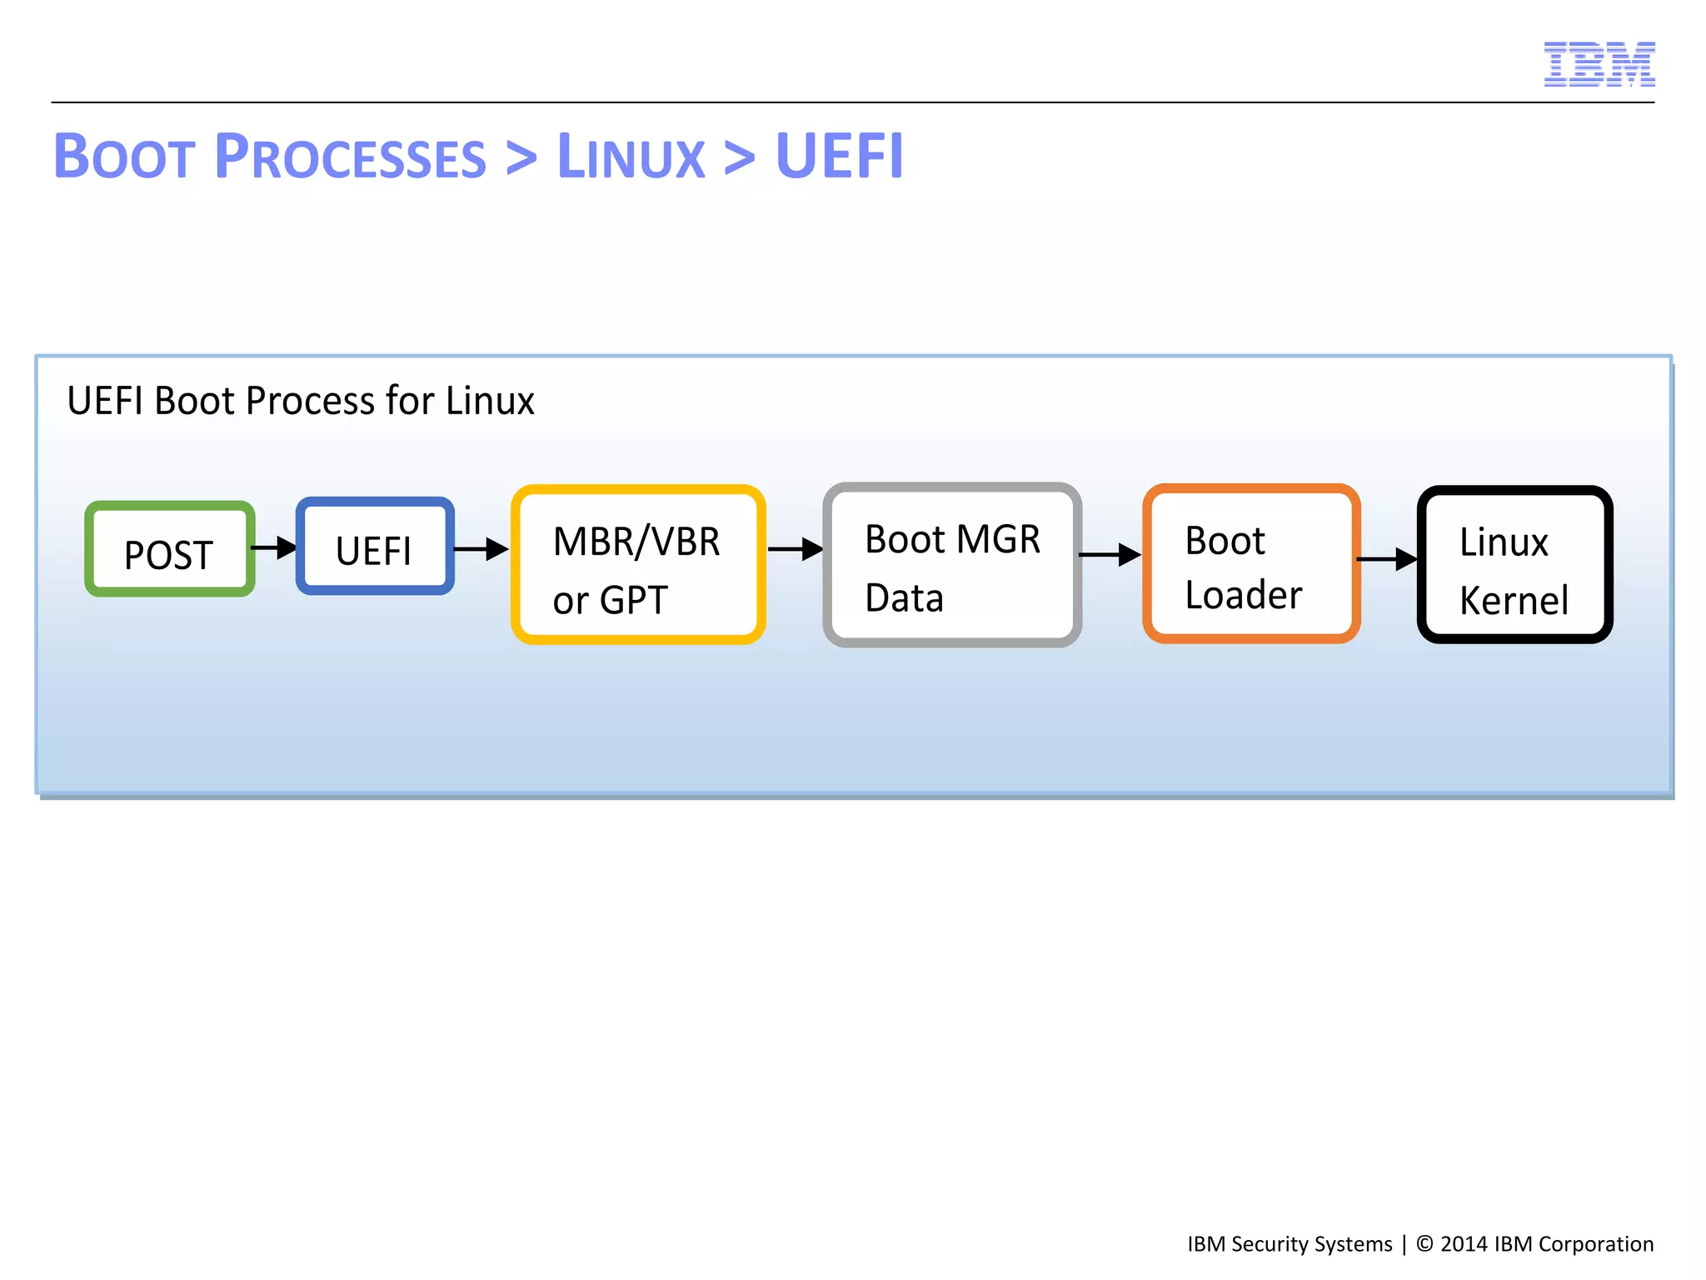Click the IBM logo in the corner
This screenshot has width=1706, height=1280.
(x=1599, y=64)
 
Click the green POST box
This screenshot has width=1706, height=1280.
(x=170, y=549)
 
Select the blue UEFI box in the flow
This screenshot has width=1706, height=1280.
(x=375, y=547)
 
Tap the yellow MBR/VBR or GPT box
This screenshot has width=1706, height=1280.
(x=638, y=565)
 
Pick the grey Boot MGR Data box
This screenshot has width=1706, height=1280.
(x=952, y=565)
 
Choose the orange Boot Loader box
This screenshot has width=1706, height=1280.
(x=1251, y=564)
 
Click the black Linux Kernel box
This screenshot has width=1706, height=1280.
(x=1514, y=565)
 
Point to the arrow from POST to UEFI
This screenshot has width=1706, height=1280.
(x=275, y=547)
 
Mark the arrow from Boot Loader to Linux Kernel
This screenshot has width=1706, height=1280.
(x=1387, y=559)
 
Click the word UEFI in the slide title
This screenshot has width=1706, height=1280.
(x=838, y=157)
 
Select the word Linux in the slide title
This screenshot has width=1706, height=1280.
(x=631, y=157)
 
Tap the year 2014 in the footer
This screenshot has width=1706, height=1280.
(x=1464, y=1244)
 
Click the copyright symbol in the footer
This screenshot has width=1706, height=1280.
(x=1424, y=1243)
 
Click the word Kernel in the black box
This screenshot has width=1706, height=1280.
(x=1514, y=601)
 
